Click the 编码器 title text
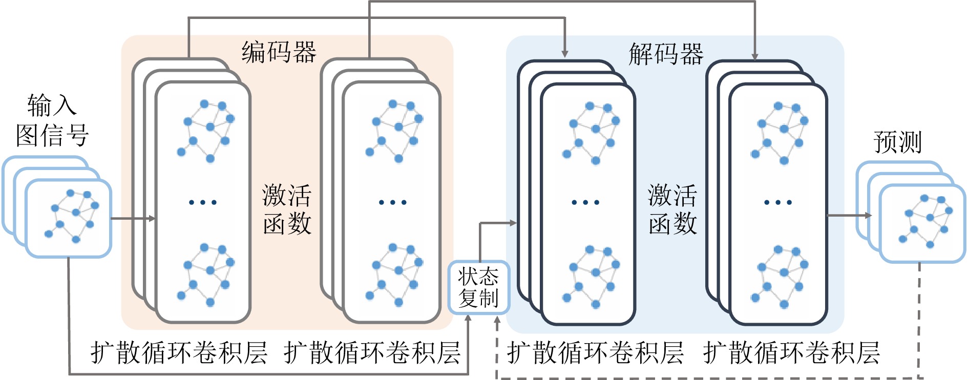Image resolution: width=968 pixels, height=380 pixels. tap(279, 52)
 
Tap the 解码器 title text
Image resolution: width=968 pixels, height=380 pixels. tap(666, 54)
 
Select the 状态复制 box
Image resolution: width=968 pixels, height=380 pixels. tap(478, 287)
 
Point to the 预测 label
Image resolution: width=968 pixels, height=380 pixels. tap(897, 142)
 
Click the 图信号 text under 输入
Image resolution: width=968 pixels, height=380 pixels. tap(52, 136)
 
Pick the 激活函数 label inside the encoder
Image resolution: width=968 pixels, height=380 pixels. tap(287, 209)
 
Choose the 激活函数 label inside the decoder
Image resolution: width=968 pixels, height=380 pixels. tap(672, 209)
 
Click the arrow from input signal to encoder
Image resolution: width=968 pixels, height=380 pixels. tap(133, 219)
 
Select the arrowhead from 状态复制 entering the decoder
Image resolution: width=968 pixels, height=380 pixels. tap(512, 223)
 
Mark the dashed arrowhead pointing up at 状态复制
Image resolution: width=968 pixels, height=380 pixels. tap(497, 321)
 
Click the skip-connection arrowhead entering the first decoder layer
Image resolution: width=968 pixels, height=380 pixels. tap(564, 54)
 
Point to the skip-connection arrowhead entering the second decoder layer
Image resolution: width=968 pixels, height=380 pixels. tap(754, 56)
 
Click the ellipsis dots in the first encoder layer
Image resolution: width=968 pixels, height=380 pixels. tap(203, 202)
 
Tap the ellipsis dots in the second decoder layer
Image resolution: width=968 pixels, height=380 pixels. tap(778, 202)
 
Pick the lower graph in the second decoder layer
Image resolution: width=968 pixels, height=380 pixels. tap(780, 277)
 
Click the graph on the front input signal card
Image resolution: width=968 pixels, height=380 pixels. tap(72, 215)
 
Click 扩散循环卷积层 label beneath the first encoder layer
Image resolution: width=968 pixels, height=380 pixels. tap(179, 353)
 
